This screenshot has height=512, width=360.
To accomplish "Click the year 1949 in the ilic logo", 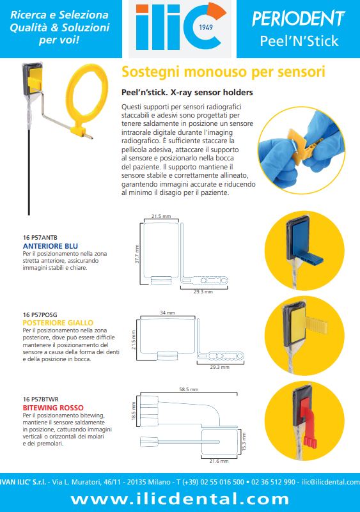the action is pos(206,27).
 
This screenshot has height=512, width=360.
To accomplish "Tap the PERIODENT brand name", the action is pos(299,19).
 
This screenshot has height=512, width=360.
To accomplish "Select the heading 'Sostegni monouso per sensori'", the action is pos(223,72).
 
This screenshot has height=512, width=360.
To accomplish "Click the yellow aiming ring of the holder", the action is pos(87,89).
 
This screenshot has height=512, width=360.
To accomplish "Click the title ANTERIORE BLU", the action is pos(51,246).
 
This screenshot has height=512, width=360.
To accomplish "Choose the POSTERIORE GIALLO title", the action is pos(58,323).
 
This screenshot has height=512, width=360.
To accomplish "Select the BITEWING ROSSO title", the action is pos(53,408).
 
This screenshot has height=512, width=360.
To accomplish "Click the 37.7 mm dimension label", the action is pos(137,254).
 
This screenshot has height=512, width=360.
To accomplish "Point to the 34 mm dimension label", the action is pos(168,313).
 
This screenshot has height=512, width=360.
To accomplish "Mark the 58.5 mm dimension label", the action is pos(189,389).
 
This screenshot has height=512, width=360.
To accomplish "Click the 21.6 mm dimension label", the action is pos(219,461).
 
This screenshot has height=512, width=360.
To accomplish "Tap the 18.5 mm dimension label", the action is pos(133,411).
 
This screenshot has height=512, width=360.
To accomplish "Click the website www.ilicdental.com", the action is pos(180,499).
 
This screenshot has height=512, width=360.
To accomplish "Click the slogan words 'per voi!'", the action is pos(59,40).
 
